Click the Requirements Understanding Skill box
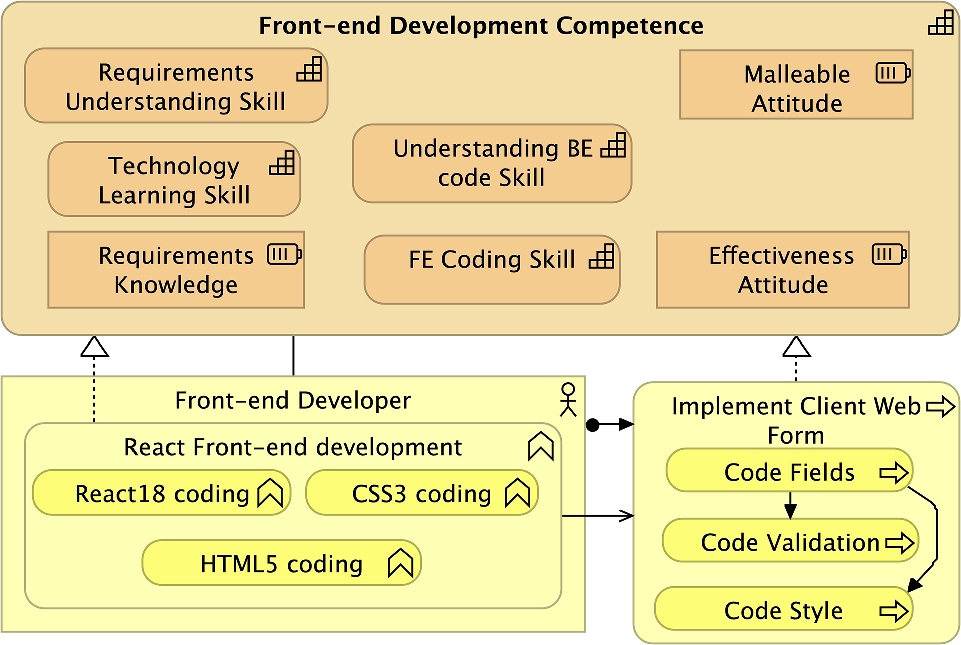tap(176, 87)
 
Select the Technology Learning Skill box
tap(174, 180)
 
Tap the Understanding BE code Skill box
tap(491, 164)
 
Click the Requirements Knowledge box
tap(176, 270)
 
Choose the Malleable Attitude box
tap(796, 89)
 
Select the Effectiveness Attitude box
tap(782, 270)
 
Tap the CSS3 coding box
tap(421, 493)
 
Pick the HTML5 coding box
tap(281, 563)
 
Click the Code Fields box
tap(789, 472)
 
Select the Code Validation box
tap(790, 542)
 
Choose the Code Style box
tap(783, 610)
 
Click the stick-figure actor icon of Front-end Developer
tap(569, 397)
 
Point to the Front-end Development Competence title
tap(481, 26)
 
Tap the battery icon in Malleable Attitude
tap(893, 73)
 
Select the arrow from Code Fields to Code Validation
tap(789, 505)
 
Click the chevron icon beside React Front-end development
tap(540, 447)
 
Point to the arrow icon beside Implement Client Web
tap(940, 406)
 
